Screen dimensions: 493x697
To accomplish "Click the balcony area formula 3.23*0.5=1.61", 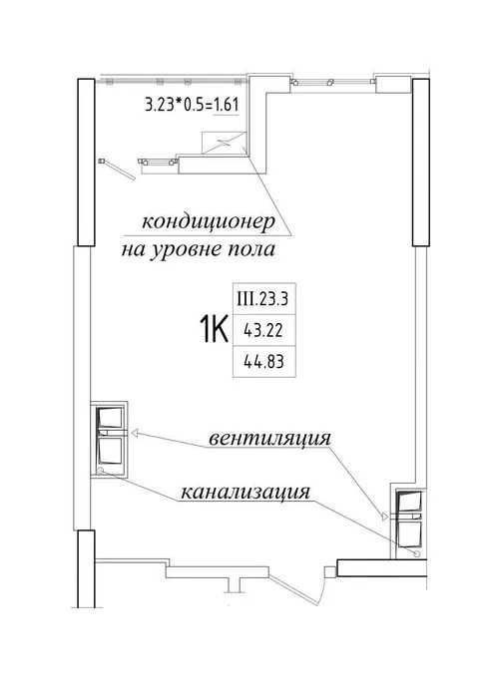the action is [x=193, y=105].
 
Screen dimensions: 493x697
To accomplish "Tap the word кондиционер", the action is [x=209, y=221].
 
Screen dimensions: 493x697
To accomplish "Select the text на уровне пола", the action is [x=199, y=250].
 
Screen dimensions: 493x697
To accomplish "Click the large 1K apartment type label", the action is [x=214, y=328].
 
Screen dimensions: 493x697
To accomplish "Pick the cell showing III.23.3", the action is [x=263, y=299].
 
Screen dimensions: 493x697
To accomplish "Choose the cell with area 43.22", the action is [x=263, y=330].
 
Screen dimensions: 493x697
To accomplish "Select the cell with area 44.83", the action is [x=263, y=361].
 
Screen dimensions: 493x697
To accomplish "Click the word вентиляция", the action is [x=270, y=439].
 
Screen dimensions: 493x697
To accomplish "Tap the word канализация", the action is [x=246, y=493].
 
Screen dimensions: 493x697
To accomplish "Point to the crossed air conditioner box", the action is [x=224, y=144].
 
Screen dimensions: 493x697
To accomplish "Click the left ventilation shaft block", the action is [x=110, y=440].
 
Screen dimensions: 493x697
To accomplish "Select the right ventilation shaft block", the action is [x=409, y=523].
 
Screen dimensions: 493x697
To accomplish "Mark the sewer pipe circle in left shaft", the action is [x=101, y=470].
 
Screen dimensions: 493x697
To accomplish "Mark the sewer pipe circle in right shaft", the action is [x=416, y=553].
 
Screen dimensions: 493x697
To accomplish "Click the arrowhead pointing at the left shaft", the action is [x=135, y=432].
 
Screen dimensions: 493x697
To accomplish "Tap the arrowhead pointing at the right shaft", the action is [x=384, y=516].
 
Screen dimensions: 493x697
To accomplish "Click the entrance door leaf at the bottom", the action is [x=293, y=590].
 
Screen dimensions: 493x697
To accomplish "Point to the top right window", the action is [x=332, y=82].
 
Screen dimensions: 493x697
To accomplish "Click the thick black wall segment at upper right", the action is [x=420, y=163].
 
